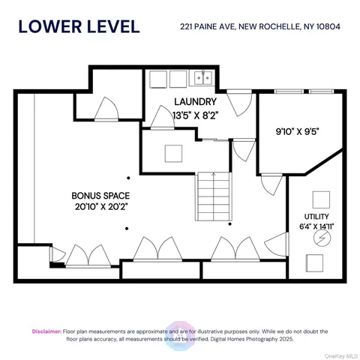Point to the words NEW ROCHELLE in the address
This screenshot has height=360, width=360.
264,27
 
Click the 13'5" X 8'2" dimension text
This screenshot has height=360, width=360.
194,115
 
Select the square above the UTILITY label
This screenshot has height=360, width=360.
321,198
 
